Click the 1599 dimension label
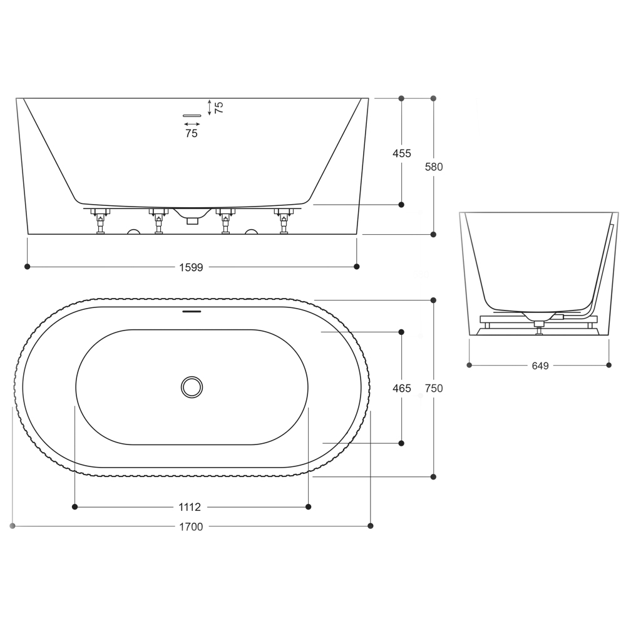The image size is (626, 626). [x=191, y=267]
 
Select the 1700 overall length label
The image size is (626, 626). [x=191, y=526]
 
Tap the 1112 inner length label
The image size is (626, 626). [x=190, y=507]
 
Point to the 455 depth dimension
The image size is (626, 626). [x=402, y=153]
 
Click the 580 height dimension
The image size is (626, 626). [x=434, y=167]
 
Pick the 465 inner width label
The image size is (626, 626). [x=402, y=388]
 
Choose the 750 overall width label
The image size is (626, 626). [x=434, y=388]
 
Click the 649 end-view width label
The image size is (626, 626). [x=540, y=366]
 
